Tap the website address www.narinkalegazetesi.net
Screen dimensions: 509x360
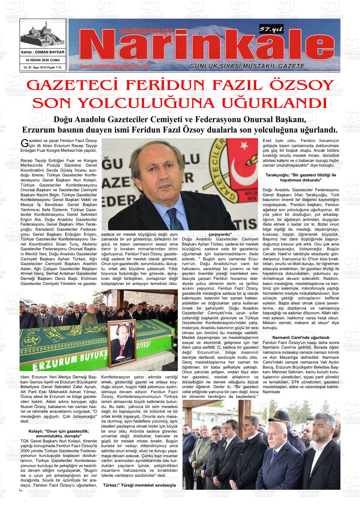click(114, 67)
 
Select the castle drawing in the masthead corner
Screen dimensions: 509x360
click(42, 36)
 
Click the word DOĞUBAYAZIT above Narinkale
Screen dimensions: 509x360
click(146, 31)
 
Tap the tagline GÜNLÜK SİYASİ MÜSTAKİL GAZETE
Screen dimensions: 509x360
click(247, 66)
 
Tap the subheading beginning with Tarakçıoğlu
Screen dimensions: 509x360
click(301, 177)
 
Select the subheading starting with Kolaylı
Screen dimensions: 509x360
click(58, 434)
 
